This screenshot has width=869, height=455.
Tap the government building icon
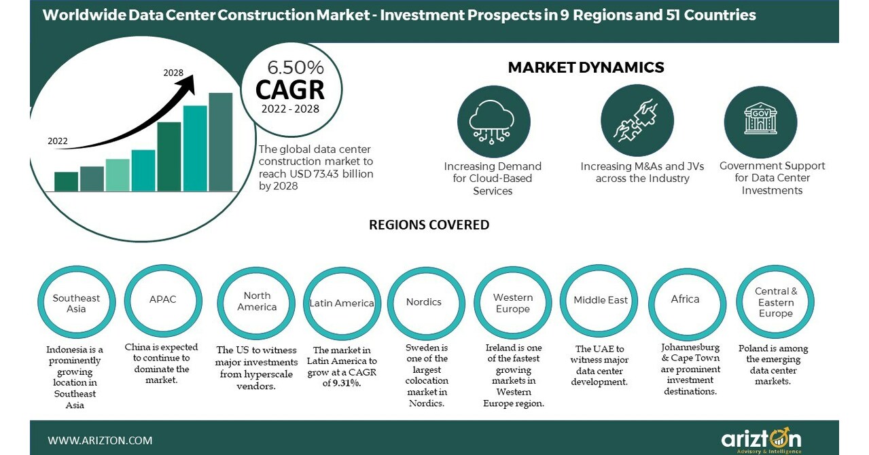760,121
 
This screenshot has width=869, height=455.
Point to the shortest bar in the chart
66,181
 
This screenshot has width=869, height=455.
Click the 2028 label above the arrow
174,73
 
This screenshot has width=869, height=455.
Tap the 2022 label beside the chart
58,141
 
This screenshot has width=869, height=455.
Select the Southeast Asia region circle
76,303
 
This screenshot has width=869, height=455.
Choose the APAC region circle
162,299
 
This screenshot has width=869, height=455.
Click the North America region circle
256,301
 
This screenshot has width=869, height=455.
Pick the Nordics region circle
424,302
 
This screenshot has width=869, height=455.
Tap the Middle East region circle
601,300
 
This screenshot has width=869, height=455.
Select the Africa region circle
685,299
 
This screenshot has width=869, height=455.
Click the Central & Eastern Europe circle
775,302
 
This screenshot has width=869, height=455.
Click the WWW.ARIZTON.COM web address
100,440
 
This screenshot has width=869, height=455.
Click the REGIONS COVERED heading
429,225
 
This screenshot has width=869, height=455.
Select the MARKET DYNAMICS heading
586,67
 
